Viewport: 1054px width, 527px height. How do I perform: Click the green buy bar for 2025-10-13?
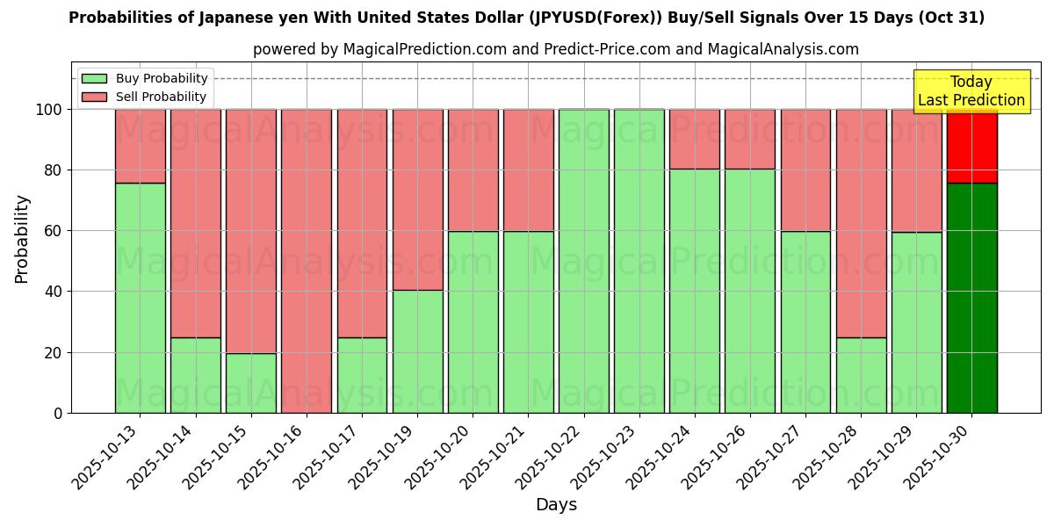click(140, 298)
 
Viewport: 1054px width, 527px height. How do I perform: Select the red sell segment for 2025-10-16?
click(307, 261)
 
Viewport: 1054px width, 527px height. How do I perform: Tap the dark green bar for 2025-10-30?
click(971, 298)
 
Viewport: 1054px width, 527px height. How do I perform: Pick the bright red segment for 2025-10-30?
click(971, 146)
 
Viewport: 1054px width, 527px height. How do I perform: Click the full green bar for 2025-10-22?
click(583, 261)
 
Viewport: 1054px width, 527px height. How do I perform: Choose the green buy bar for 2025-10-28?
click(861, 375)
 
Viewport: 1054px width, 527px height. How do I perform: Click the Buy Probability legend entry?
click(145, 78)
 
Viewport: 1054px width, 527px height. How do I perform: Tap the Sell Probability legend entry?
click(145, 97)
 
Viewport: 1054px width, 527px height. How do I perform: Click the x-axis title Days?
click(556, 505)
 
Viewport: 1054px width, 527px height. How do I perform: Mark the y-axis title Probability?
click(22, 238)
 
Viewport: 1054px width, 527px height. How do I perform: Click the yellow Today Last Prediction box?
click(971, 91)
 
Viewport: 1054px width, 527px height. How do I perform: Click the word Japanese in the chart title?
click(214, 18)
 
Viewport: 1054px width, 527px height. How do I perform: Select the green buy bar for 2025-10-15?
click(250, 383)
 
